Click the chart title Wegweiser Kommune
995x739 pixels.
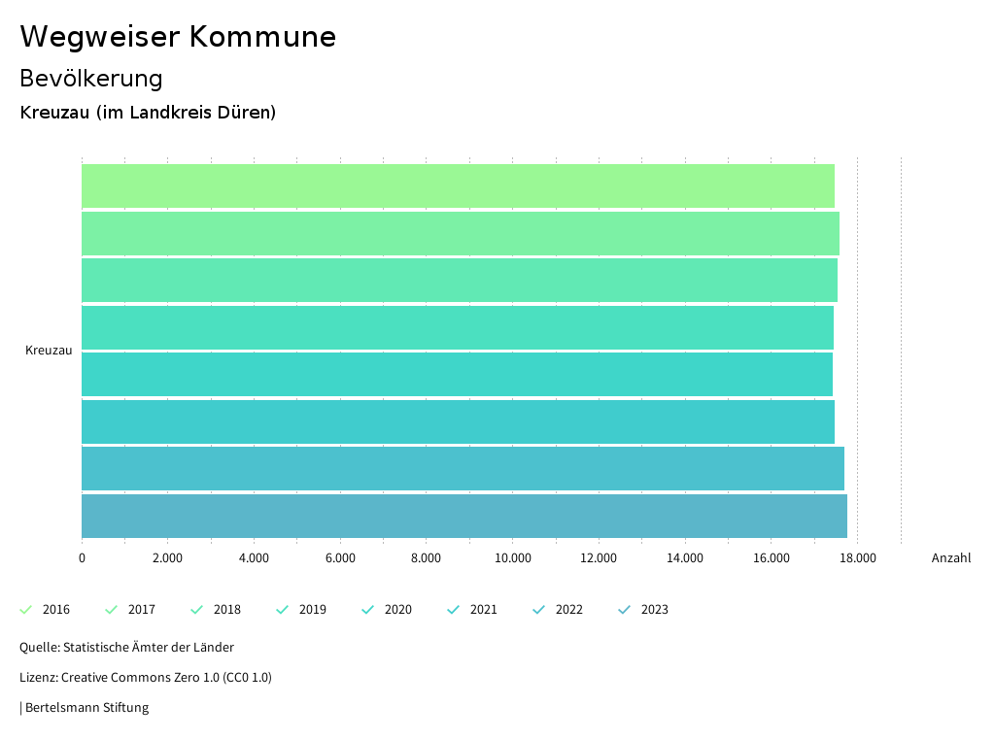pyautogui.click(x=178, y=37)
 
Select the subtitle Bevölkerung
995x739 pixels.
pyautogui.click(x=91, y=79)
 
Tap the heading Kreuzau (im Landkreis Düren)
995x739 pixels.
pyautogui.click(x=148, y=113)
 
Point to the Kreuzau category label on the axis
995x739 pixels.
pyautogui.click(x=49, y=351)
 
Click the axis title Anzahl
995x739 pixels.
pyautogui.click(x=950, y=558)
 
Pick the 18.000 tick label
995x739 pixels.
pyautogui.click(x=858, y=558)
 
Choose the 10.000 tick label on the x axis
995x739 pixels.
pyautogui.click(x=513, y=558)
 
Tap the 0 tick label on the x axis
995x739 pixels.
pyautogui.click(x=82, y=558)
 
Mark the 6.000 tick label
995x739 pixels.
pyautogui.click(x=340, y=558)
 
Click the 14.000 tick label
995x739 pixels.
pyautogui.click(x=685, y=558)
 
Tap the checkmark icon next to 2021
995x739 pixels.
pyautogui.click(x=453, y=610)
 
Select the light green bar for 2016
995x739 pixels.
pyautogui.click(x=458, y=185)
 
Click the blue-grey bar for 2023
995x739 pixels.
pyautogui.click(x=463, y=516)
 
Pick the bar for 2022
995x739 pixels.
pyautogui.click(x=463, y=468)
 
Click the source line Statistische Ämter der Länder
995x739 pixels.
pyautogui.click(x=126, y=647)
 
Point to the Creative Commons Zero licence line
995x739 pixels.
pyautogui.click(x=146, y=677)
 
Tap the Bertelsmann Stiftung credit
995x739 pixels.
pyautogui.click(x=86, y=707)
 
